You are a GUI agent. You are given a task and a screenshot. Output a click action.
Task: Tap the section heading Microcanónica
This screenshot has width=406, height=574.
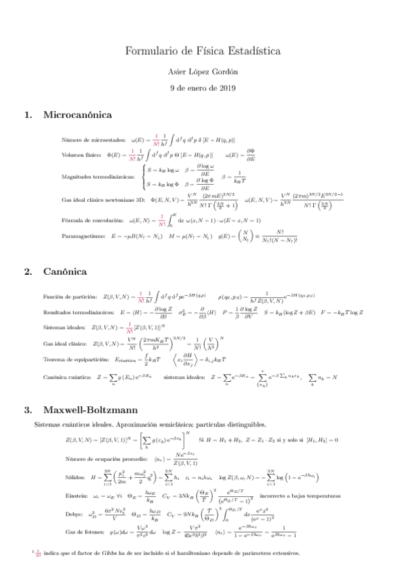pos(77,115)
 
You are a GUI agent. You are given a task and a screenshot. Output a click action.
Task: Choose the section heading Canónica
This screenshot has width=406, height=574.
pos(65,271)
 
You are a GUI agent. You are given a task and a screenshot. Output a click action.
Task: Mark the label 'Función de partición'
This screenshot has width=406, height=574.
pos(69,296)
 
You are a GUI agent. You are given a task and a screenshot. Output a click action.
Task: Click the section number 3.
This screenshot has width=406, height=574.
pos(27,410)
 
